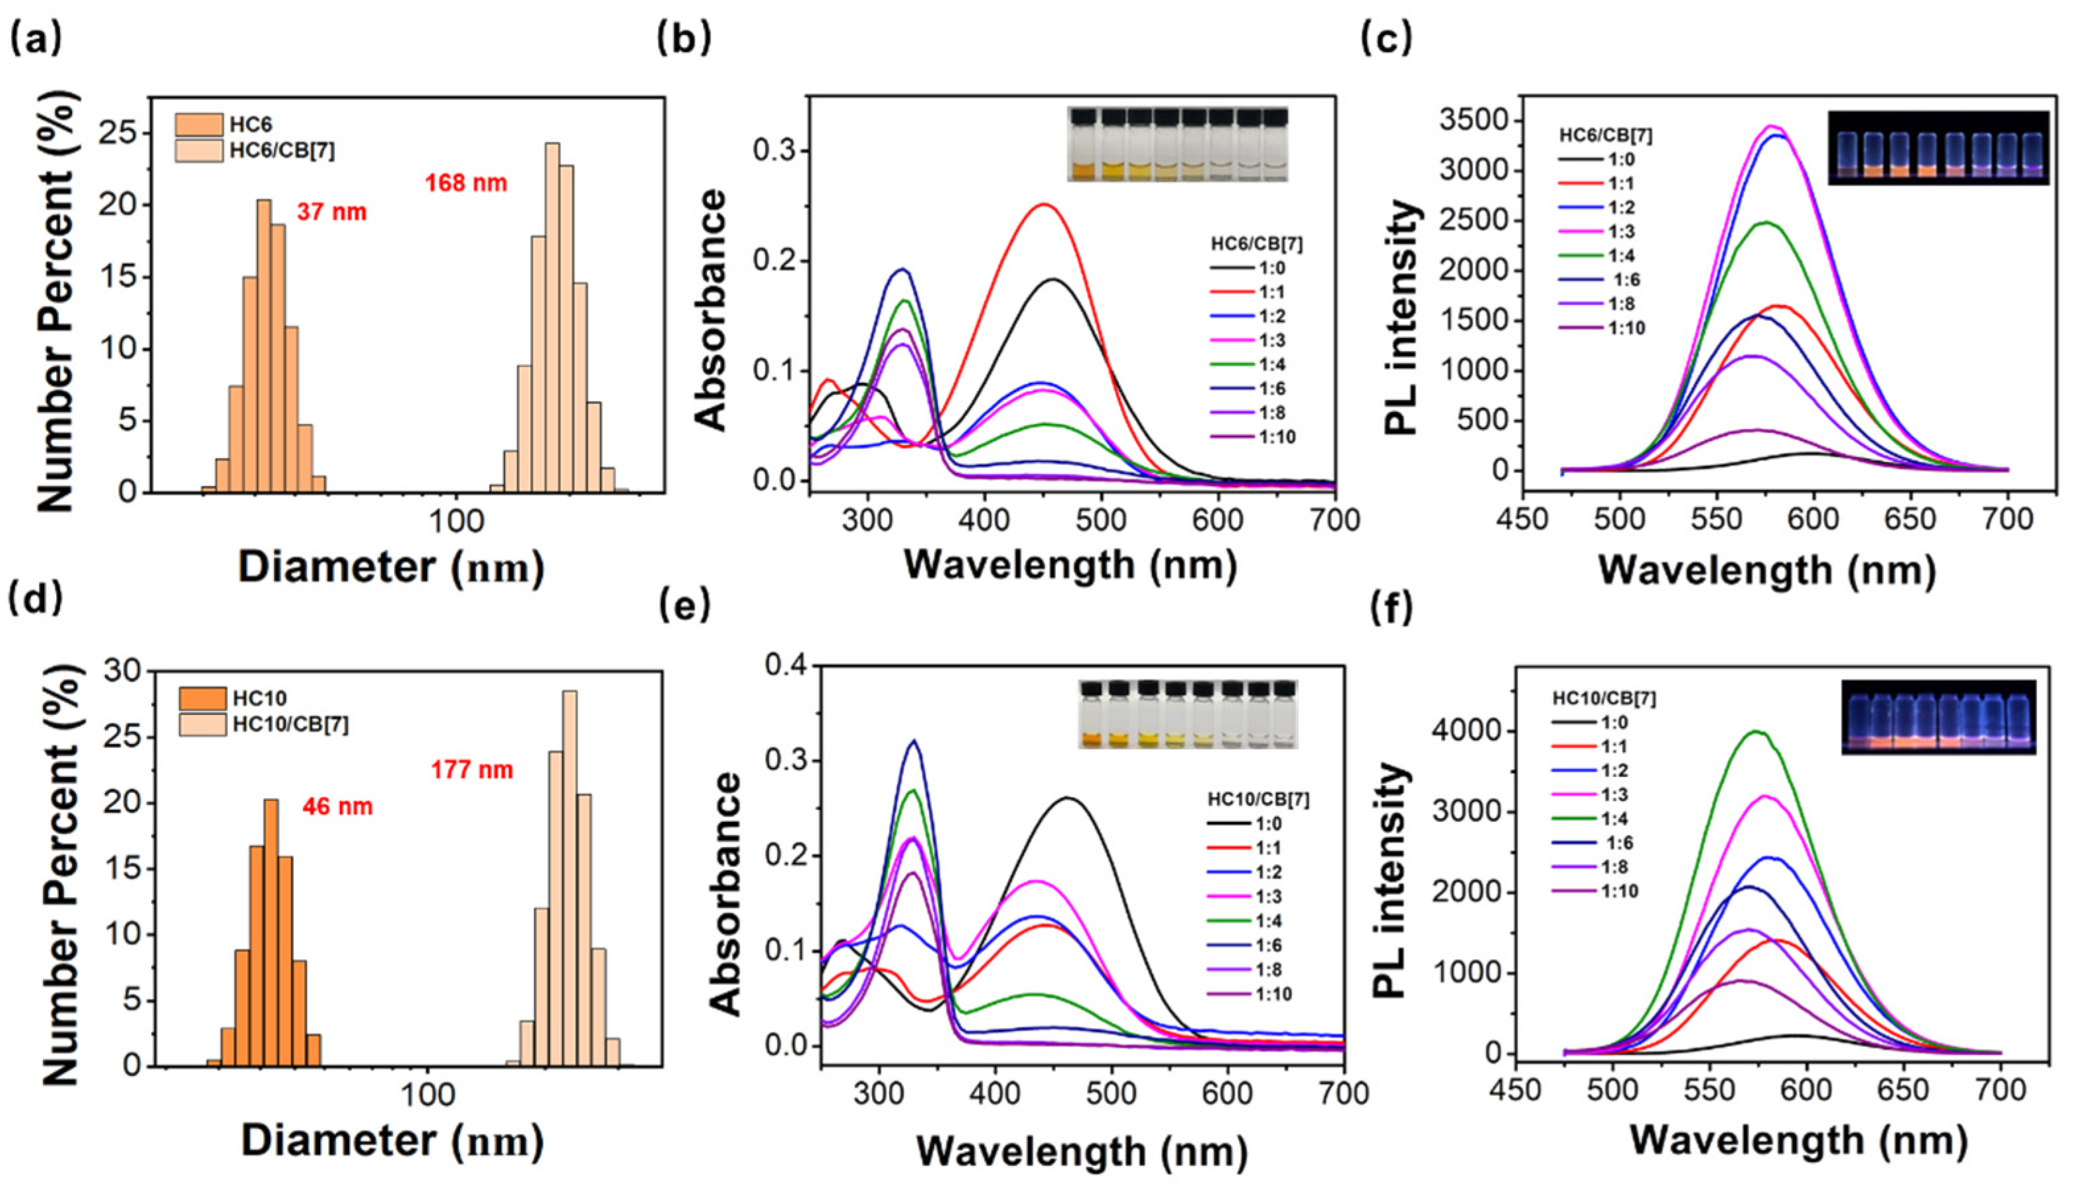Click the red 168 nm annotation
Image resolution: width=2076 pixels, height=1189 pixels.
click(466, 183)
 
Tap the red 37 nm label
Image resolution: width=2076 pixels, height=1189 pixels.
click(331, 213)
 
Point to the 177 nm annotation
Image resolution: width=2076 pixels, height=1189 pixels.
click(472, 769)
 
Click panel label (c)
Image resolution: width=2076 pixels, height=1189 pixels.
click(1387, 39)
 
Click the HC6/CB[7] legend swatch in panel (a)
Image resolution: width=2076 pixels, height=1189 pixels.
click(199, 151)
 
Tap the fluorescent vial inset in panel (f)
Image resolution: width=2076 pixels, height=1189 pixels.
click(1938, 717)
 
